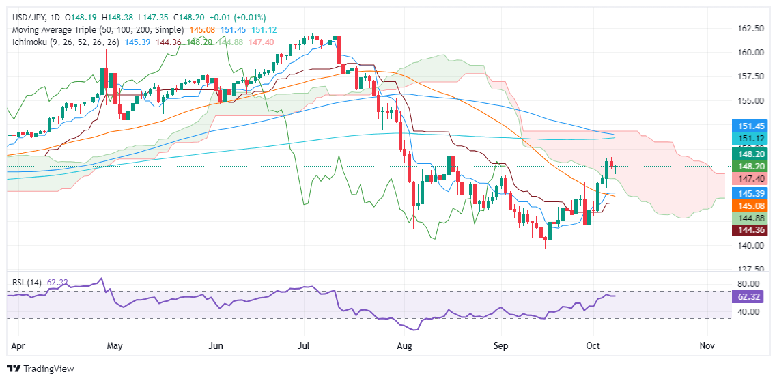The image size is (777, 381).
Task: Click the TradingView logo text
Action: tap(48, 369)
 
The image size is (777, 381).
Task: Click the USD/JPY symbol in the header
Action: tap(28, 17)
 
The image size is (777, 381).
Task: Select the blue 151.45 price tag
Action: tap(750, 126)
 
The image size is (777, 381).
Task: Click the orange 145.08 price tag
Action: tap(750, 206)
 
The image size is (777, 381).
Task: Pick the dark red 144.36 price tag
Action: tap(750, 231)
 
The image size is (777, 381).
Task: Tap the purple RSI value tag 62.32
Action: tap(750, 297)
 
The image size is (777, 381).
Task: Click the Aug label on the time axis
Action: tap(405, 346)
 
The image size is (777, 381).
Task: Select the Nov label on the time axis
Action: tap(707, 346)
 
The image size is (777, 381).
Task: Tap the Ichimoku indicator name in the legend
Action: tap(29, 42)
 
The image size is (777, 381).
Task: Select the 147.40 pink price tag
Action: tap(750, 178)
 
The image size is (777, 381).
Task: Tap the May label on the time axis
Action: tap(115, 346)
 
